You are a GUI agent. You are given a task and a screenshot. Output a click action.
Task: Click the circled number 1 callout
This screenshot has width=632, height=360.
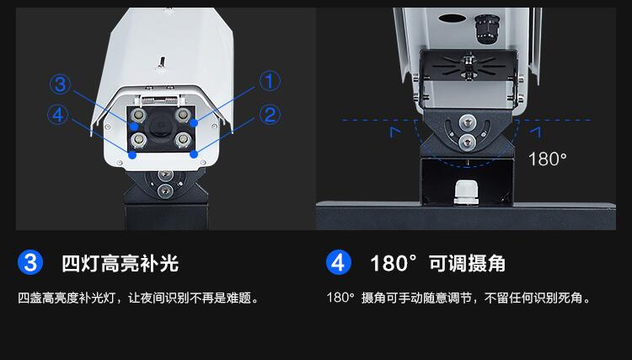(x=270, y=81)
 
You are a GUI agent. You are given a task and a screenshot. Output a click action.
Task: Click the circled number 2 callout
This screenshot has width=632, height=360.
(x=270, y=115)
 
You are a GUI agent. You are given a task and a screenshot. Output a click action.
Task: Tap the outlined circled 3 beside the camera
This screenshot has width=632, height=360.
(x=60, y=84)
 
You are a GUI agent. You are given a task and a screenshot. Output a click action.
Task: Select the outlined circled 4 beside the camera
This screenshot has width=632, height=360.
(x=58, y=115)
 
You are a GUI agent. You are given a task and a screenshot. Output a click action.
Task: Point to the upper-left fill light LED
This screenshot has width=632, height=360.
(x=138, y=116)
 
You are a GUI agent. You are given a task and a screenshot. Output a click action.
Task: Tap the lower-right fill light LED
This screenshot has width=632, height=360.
(x=183, y=140)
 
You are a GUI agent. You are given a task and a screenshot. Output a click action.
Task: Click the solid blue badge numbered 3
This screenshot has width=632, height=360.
(x=30, y=262)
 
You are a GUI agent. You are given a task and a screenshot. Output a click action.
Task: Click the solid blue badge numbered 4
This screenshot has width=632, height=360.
(x=338, y=262)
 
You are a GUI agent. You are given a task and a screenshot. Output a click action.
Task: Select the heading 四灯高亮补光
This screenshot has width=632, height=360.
(x=121, y=263)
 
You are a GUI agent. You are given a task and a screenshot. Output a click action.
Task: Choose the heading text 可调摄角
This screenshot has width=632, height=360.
(x=467, y=263)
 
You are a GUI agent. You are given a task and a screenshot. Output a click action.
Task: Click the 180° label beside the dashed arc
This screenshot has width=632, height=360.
(x=548, y=159)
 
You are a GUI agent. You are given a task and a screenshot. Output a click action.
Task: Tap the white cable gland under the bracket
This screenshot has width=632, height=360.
(x=466, y=193)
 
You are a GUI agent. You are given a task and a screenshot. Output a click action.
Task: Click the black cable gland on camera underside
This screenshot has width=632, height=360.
(x=486, y=28)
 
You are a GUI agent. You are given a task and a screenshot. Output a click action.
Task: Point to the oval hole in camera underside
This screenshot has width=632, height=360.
(x=451, y=19)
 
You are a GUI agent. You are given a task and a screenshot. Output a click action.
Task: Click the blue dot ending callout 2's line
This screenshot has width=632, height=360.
(x=194, y=154)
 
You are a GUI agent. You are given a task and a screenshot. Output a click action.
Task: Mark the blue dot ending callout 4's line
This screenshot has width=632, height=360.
(x=132, y=155)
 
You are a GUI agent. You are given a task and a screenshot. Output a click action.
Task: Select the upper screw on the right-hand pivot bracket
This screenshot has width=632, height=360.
(x=467, y=121)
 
